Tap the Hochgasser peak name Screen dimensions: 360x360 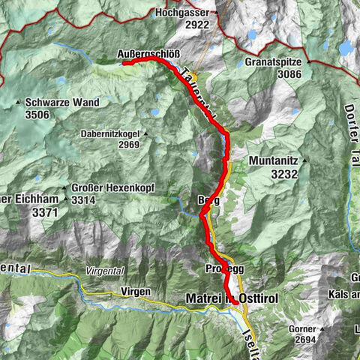[181, 13]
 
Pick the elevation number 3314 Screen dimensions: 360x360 [85, 200]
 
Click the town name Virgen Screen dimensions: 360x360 [135, 292]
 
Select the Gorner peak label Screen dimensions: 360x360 [302, 329]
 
